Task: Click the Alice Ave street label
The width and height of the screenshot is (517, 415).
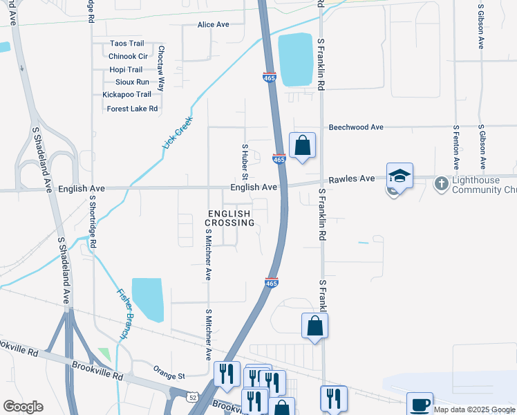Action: (213, 24)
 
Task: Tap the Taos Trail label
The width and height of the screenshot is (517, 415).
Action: (126, 44)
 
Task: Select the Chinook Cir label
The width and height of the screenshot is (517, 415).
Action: (129, 56)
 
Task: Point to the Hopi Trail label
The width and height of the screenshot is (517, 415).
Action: (126, 69)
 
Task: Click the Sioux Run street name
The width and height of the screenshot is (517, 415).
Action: (132, 82)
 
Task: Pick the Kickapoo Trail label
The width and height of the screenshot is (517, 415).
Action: (126, 94)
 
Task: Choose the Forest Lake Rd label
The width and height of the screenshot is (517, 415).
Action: (132, 109)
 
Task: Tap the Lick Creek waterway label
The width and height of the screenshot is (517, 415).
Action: (178, 132)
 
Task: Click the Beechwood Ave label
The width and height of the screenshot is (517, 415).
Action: (356, 127)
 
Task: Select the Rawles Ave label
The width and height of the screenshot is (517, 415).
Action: (352, 178)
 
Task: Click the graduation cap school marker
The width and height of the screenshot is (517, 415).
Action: (399, 176)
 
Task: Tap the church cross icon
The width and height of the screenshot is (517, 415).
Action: (440, 184)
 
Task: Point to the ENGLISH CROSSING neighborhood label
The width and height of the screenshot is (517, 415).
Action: (230, 218)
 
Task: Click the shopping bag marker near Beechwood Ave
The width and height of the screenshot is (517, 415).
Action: (302, 146)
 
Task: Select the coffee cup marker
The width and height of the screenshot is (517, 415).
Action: (420, 404)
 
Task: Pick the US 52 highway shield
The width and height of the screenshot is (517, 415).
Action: (193, 396)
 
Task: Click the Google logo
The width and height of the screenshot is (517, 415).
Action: (23, 407)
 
